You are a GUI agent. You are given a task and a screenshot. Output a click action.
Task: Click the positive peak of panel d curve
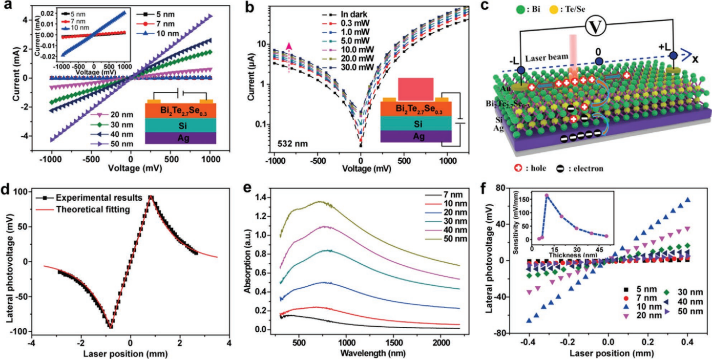tap(151, 197)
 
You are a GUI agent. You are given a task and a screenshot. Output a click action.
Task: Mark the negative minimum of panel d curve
tap(111, 327)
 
